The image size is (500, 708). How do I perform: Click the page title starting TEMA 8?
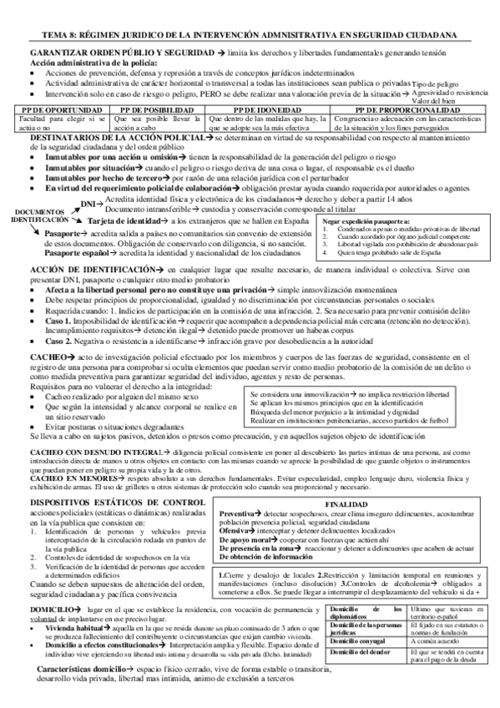[x=250, y=35]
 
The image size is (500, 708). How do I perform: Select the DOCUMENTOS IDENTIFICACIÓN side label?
[x=38, y=215]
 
